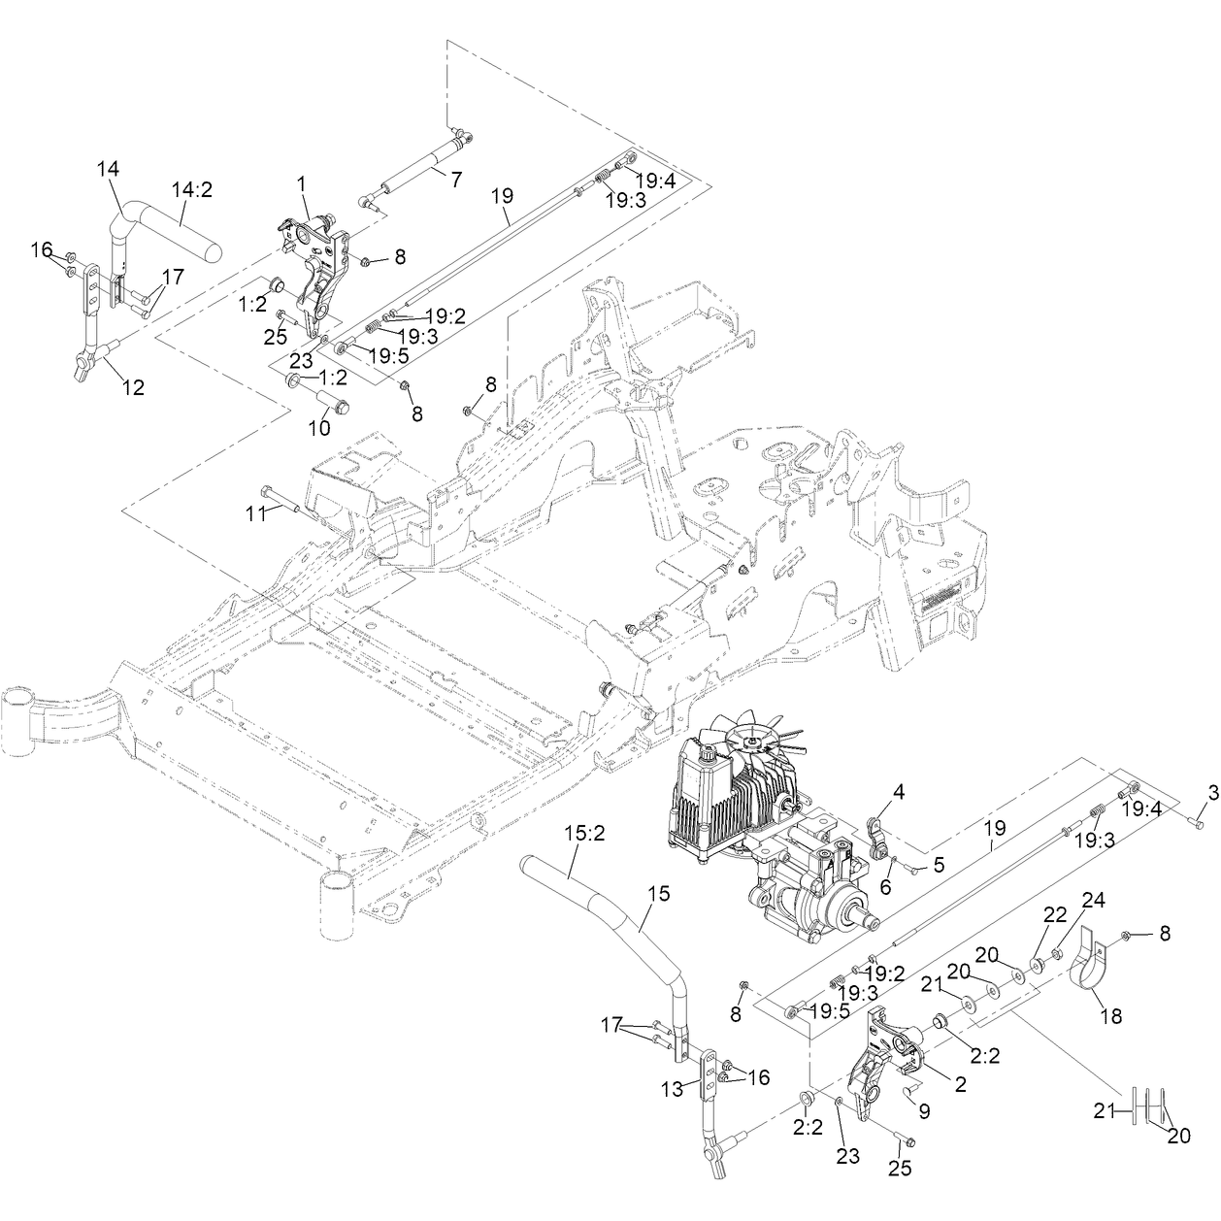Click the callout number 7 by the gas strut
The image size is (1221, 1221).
pos(456,180)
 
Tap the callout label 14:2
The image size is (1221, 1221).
pos(192,189)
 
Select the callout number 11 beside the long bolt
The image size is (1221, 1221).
pos(256,513)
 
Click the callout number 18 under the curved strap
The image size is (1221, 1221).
pos(1111,1015)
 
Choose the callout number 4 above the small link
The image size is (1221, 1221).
pos(899,792)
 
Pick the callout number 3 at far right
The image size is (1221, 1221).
pos(1213,792)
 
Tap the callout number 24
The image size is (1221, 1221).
pos(1093,901)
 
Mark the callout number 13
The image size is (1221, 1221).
pos(673,1089)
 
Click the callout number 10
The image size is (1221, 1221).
pos(319,428)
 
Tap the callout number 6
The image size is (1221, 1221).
pos(885,887)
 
